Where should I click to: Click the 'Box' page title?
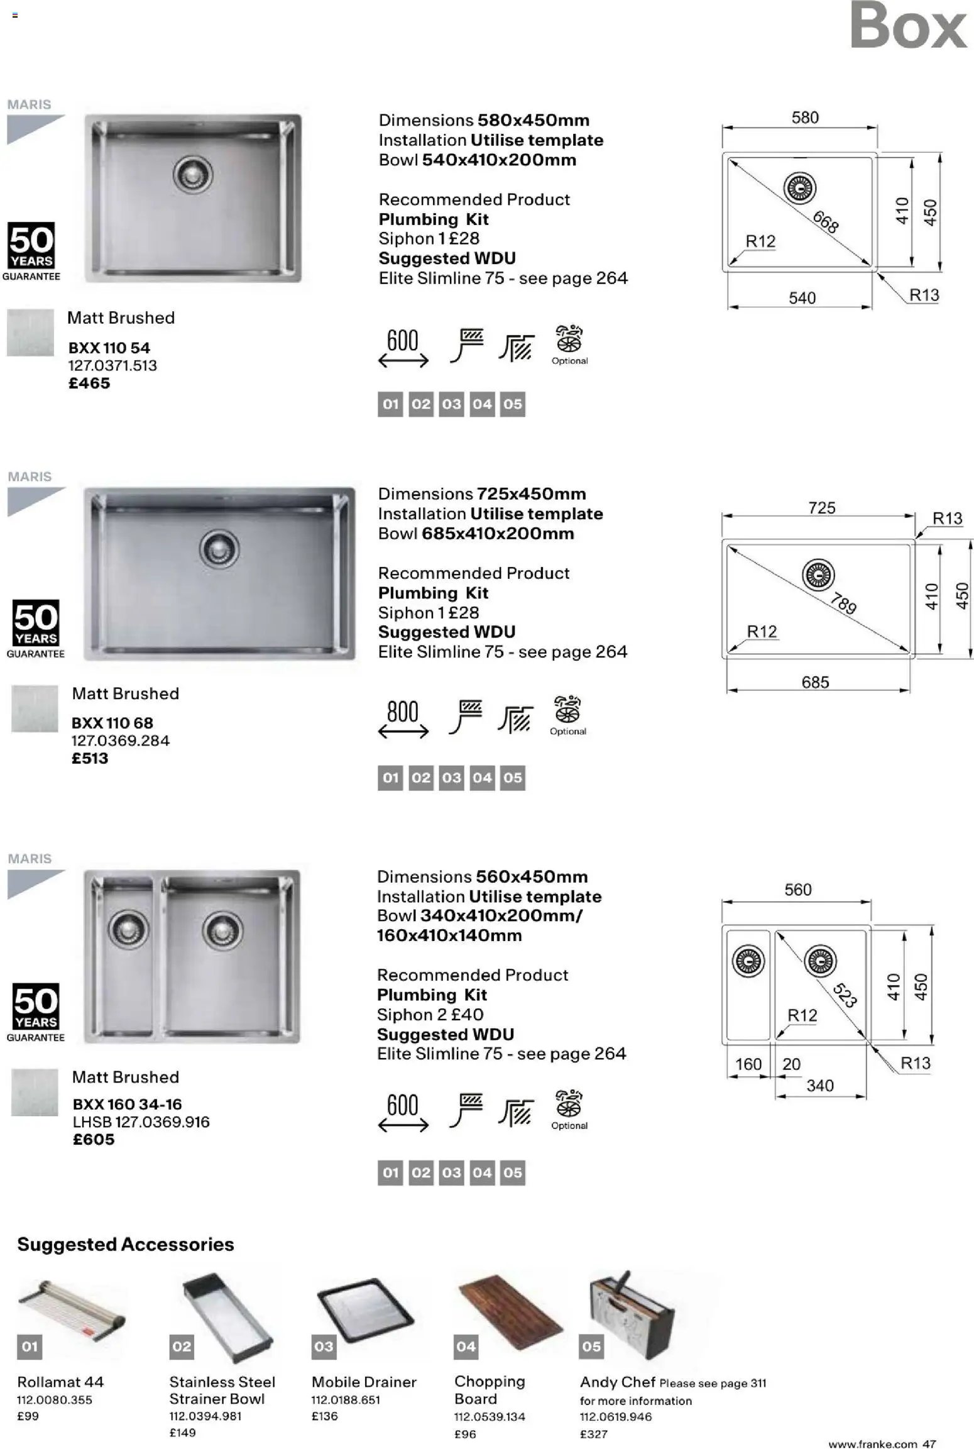(908, 26)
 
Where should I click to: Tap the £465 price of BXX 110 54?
(89, 383)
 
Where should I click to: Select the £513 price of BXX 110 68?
(90, 758)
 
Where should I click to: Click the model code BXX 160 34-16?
(127, 1104)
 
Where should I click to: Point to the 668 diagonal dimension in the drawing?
(826, 222)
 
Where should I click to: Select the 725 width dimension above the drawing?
(821, 507)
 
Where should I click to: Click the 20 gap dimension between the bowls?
(791, 1064)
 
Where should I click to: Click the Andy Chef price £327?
(593, 1434)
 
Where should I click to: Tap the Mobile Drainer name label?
(364, 1382)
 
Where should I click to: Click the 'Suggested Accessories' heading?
(126, 1245)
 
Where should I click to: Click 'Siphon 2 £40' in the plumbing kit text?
(430, 1015)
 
